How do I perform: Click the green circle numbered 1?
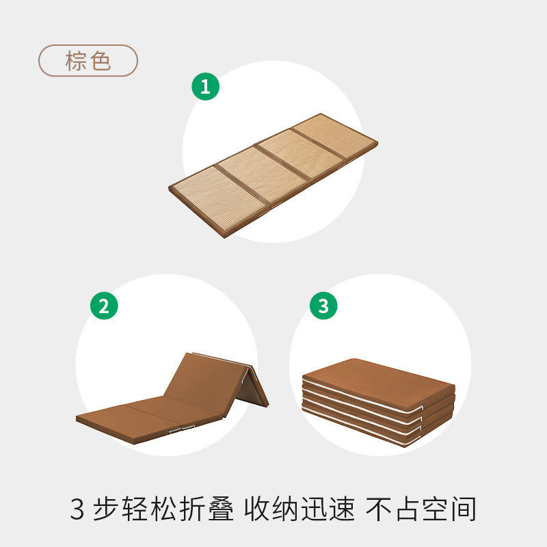[x=205, y=87]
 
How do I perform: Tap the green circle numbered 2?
[x=104, y=306]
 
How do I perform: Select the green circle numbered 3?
[x=323, y=306]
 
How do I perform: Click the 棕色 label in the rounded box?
[x=88, y=61]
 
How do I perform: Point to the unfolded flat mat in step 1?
[x=273, y=174]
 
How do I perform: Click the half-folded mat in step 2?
[x=171, y=397]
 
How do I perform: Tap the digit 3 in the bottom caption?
[x=77, y=509]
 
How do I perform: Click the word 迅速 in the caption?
[x=333, y=509]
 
